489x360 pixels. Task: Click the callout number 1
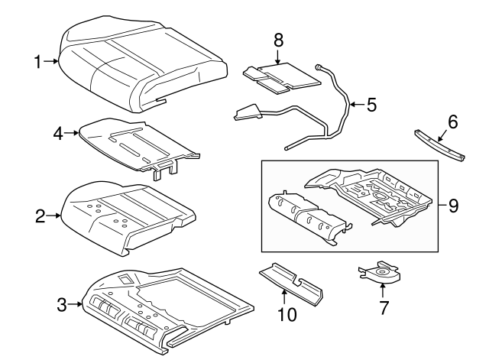(39, 60)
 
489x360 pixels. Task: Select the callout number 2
(40, 216)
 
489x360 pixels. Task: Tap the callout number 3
(62, 306)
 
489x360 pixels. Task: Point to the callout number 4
(57, 133)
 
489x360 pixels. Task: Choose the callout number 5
(371, 105)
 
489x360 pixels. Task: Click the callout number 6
(452, 121)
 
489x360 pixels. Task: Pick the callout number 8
(278, 37)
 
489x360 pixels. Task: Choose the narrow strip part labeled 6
(442, 144)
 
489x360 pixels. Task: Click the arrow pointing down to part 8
(278, 54)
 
